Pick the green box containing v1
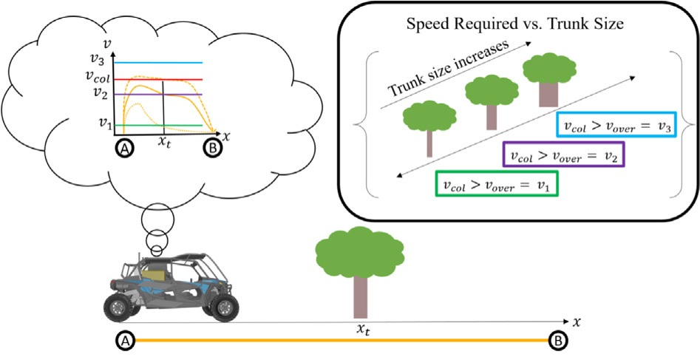tap(497, 182)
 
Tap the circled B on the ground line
tap(557, 341)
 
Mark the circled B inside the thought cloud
tap(212, 148)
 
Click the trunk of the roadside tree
tap(359, 296)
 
